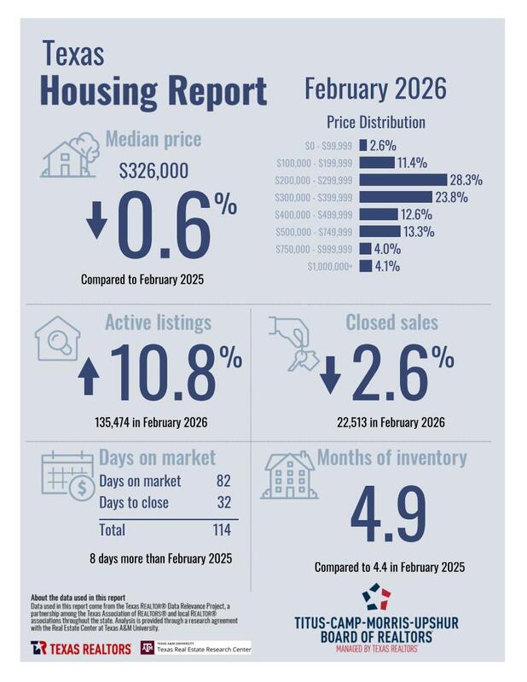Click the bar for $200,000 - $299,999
click(403, 180)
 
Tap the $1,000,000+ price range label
click(328, 266)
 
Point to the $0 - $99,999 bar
click(363, 146)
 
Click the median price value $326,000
click(154, 171)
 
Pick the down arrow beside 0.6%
click(97, 219)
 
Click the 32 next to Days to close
click(224, 502)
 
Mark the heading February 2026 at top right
click(375, 89)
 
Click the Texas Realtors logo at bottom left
click(78, 648)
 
